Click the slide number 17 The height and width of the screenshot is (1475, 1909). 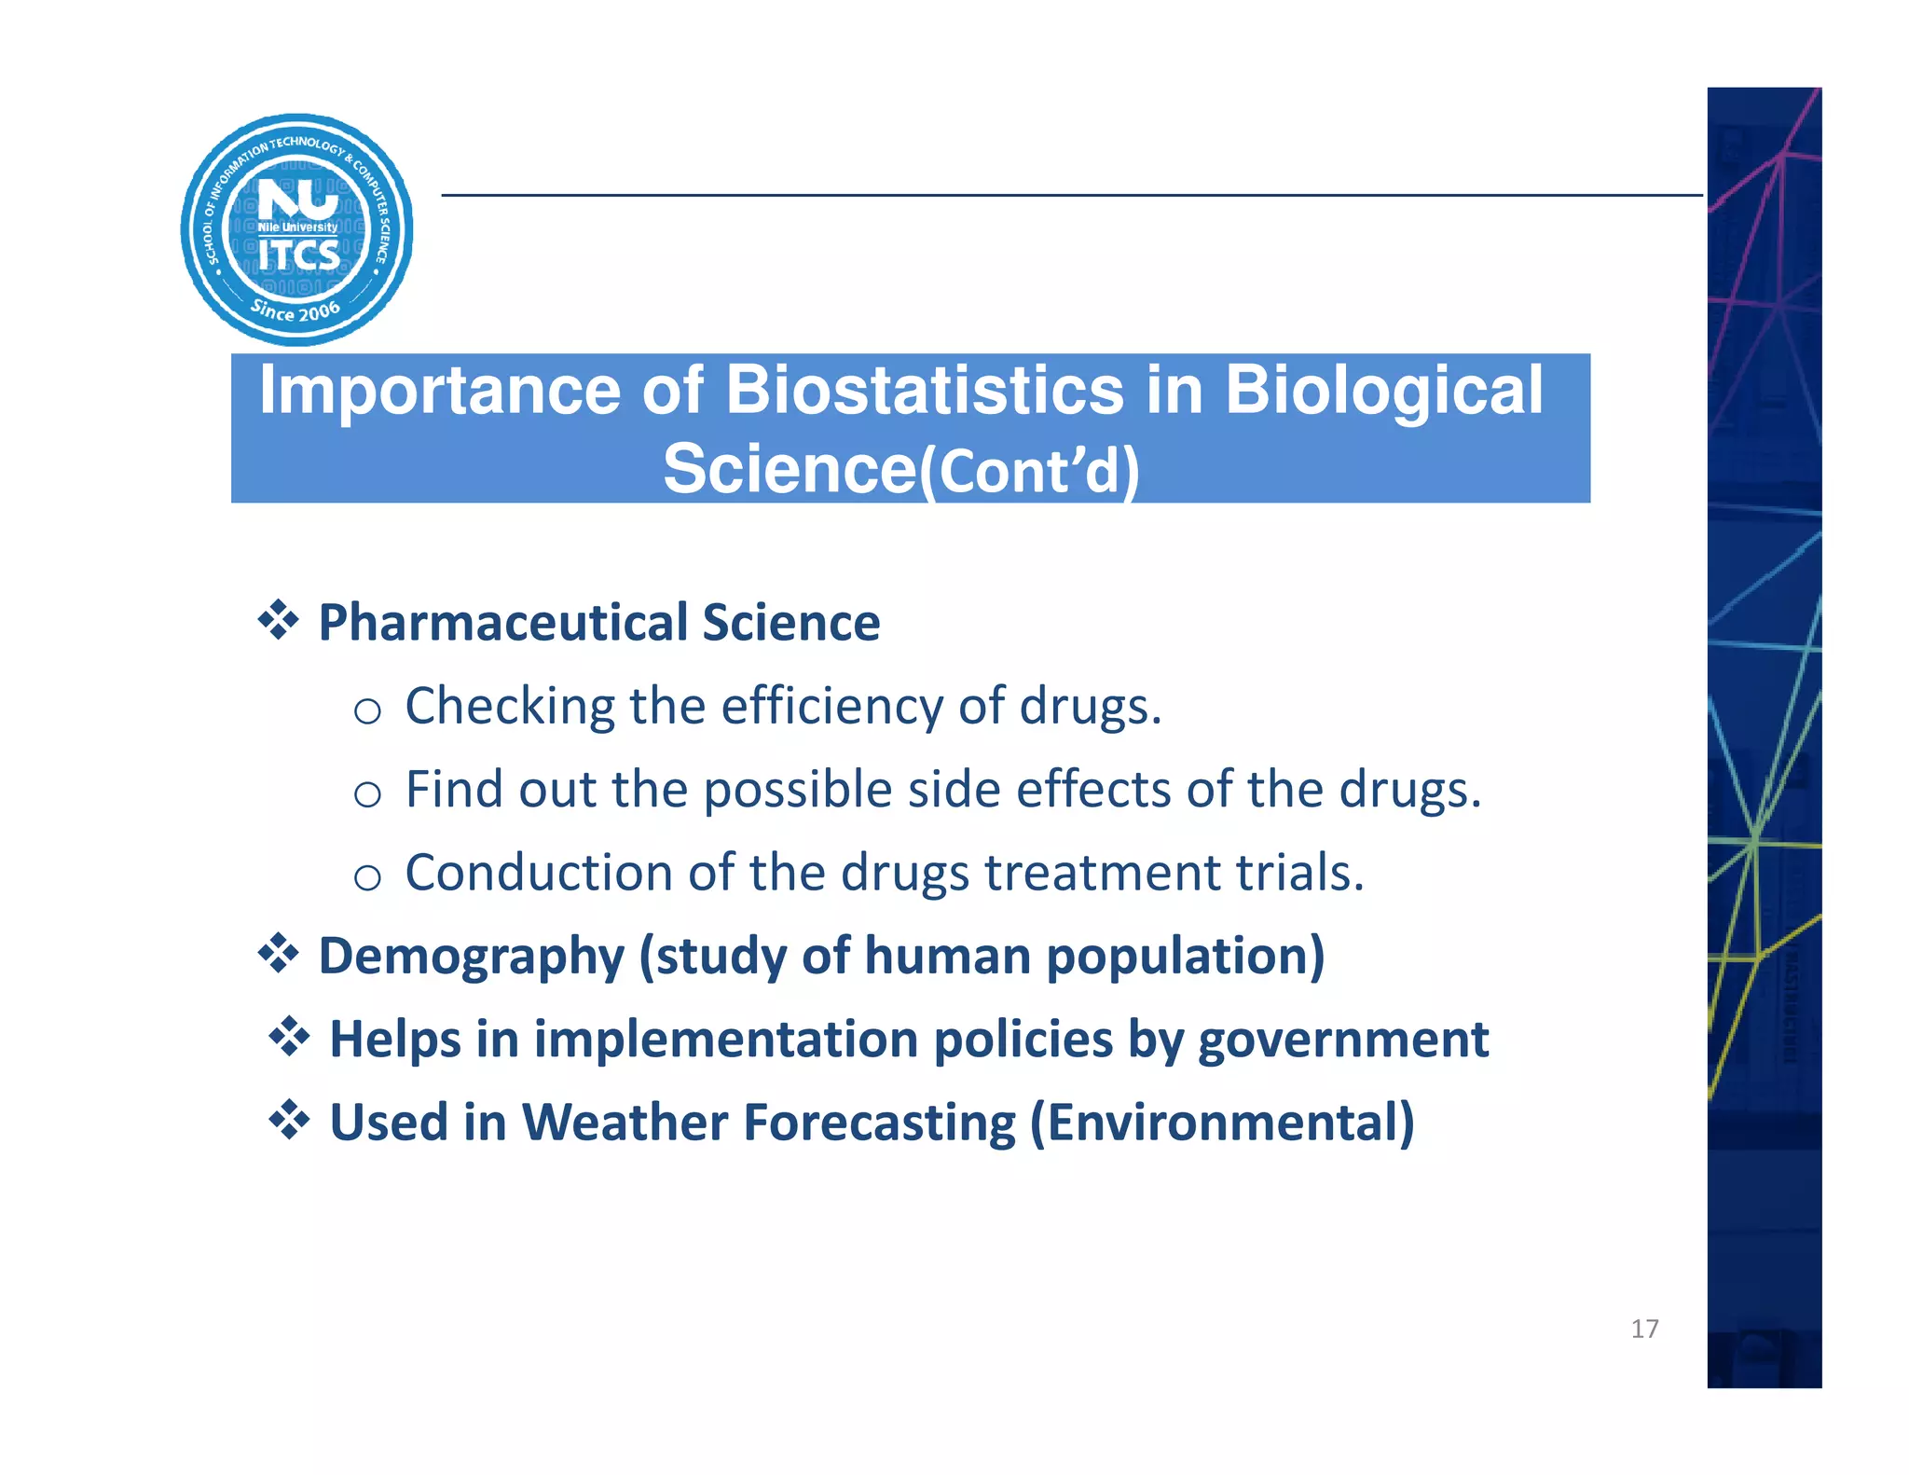[x=1644, y=1329]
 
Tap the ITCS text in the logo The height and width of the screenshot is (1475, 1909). [x=298, y=255]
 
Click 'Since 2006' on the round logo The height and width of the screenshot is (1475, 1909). [x=295, y=310]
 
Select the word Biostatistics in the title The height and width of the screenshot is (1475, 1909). [x=924, y=390]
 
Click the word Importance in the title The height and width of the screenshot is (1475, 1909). [x=439, y=390]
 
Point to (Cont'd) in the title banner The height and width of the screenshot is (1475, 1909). [x=1029, y=471]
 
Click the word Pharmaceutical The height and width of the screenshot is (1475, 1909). [x=502, y=622]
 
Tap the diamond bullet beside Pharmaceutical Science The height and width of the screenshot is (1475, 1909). [x=278, y=620]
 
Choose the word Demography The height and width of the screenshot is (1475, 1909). [x=471, y=957]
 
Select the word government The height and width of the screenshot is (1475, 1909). [x=1342, y=1040]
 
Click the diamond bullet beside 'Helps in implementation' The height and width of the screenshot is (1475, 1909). [x=289, y=1037]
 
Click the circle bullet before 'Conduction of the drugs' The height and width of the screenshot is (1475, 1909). [x=368, y=878]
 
